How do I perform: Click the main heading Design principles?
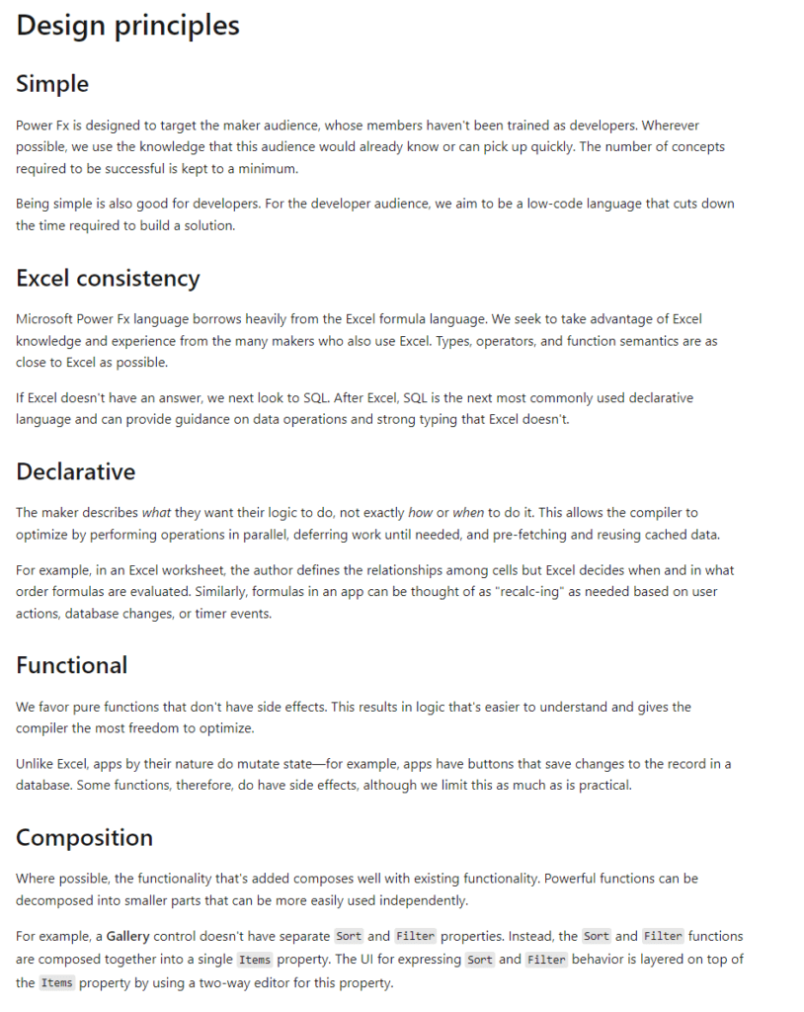click(x=127, y=26)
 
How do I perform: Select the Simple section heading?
click(x=52, y=84)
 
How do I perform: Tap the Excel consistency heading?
click(x=108, y=279)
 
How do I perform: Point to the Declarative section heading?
click(x=75, y=471)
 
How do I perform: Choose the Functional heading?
click(x=71, y=665)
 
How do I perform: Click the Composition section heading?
click(x=84, y=838)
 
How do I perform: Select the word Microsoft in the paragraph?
click(x=46, y=319)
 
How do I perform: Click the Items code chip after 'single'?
click(x=255, y=960)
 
